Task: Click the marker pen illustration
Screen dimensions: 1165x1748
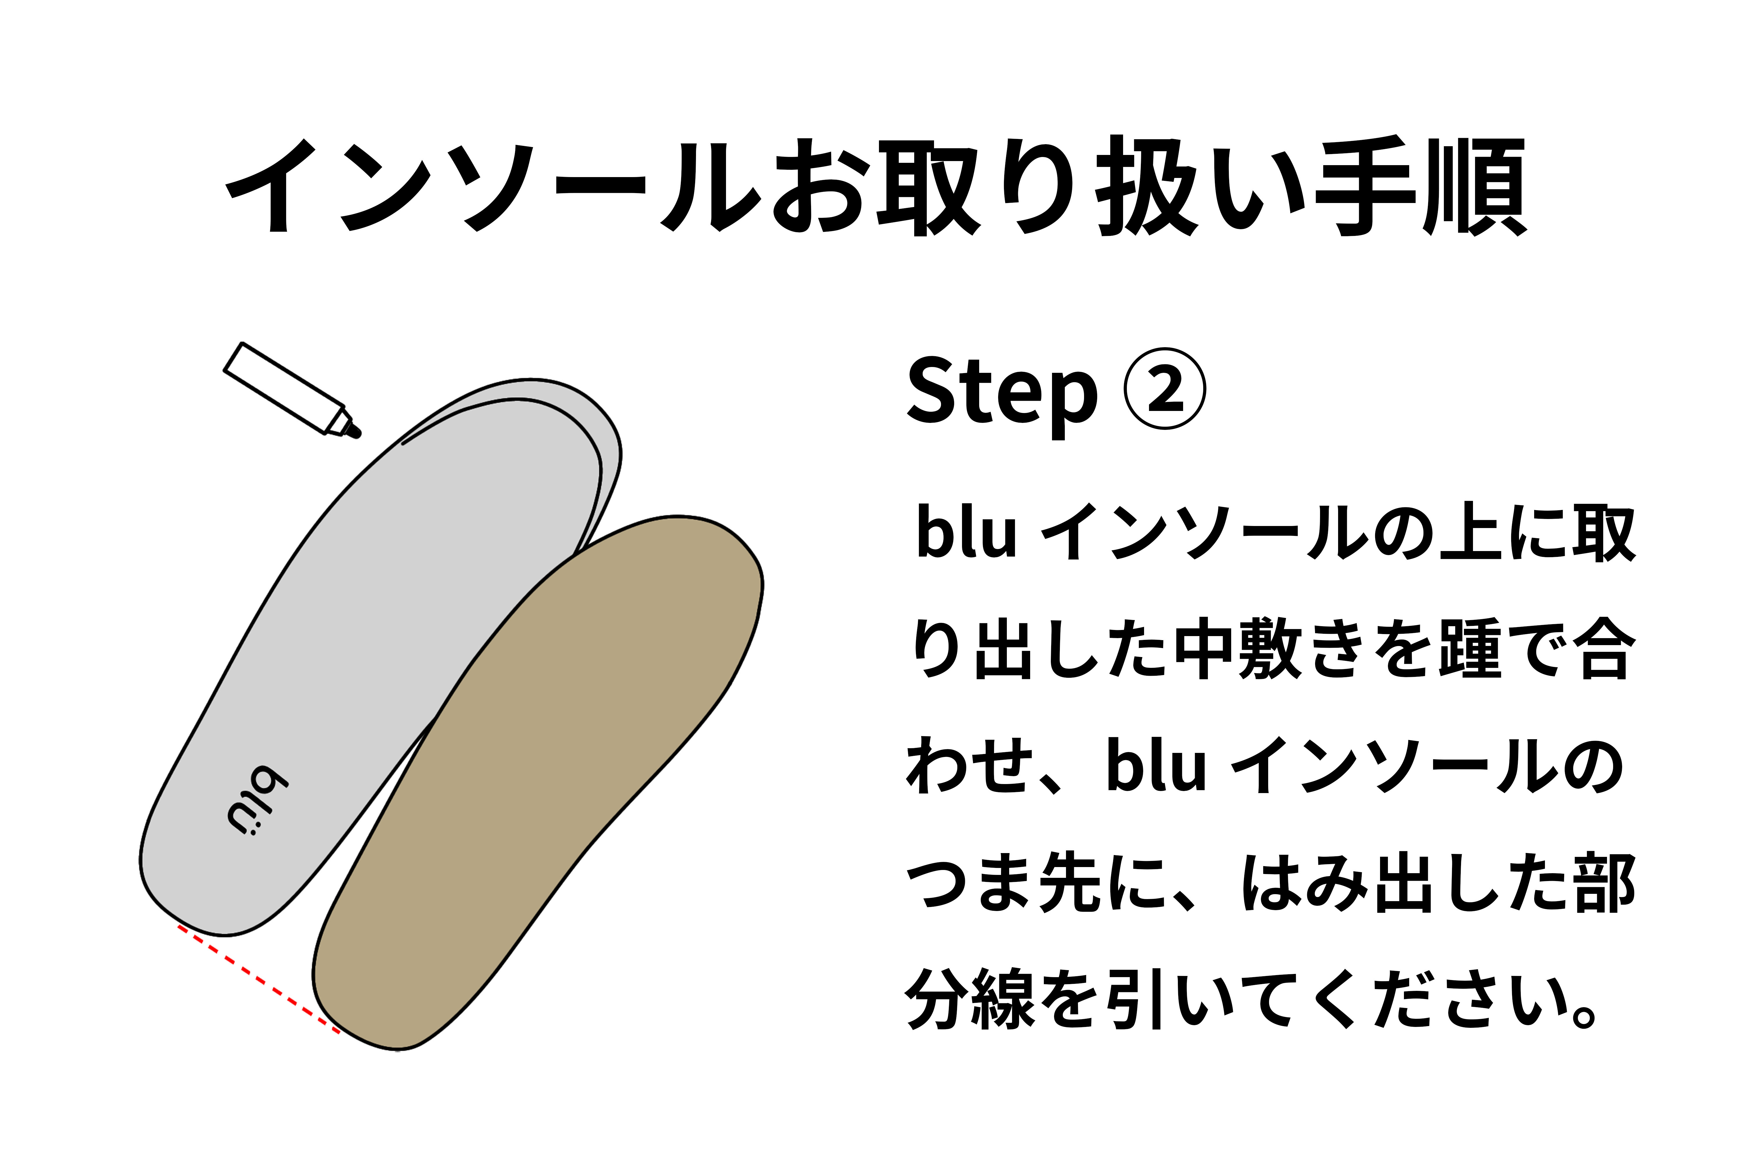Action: pyautogui.click(x=286, y=386)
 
